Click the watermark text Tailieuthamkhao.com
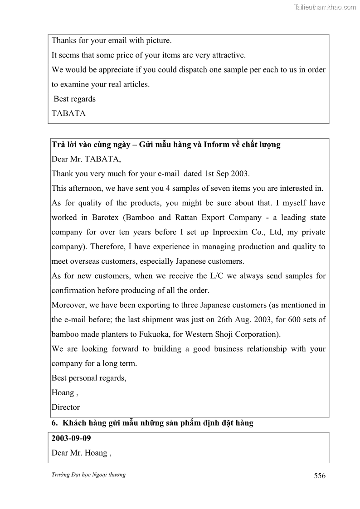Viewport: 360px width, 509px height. click(x=325, y=7)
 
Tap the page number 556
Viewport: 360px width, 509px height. click(x=319, y=475)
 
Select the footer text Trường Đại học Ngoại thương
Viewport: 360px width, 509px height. click(x=88, y=475)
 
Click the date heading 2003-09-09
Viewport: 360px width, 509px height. click(x=71, y=438)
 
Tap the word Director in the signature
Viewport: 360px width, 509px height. click(x=65, y=407)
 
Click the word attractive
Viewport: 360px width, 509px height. click(x=227, y=55)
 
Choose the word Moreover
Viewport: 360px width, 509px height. click(x=69, y=305)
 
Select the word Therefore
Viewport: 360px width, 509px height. click(x=109, y=247)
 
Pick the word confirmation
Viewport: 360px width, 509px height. click(x=76, y=291)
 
